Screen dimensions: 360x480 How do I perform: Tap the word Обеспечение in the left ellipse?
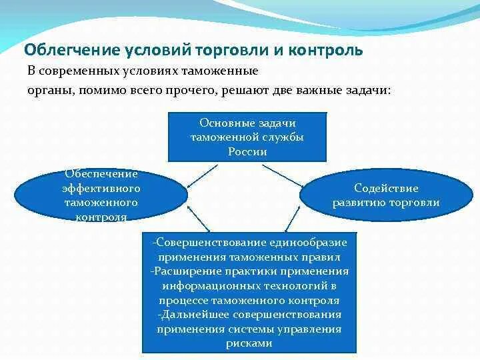point(101,174)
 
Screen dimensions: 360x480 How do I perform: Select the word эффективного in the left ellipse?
point(101,188)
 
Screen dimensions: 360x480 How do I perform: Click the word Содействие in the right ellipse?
point(386,189)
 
